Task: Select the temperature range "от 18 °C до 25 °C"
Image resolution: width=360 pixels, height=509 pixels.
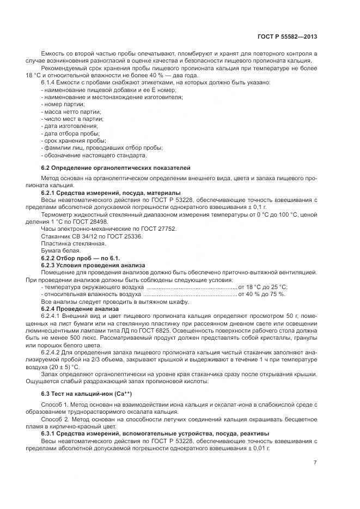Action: [x=263, y=286]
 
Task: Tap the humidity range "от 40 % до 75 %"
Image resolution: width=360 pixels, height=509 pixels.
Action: [x=261, y=293]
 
